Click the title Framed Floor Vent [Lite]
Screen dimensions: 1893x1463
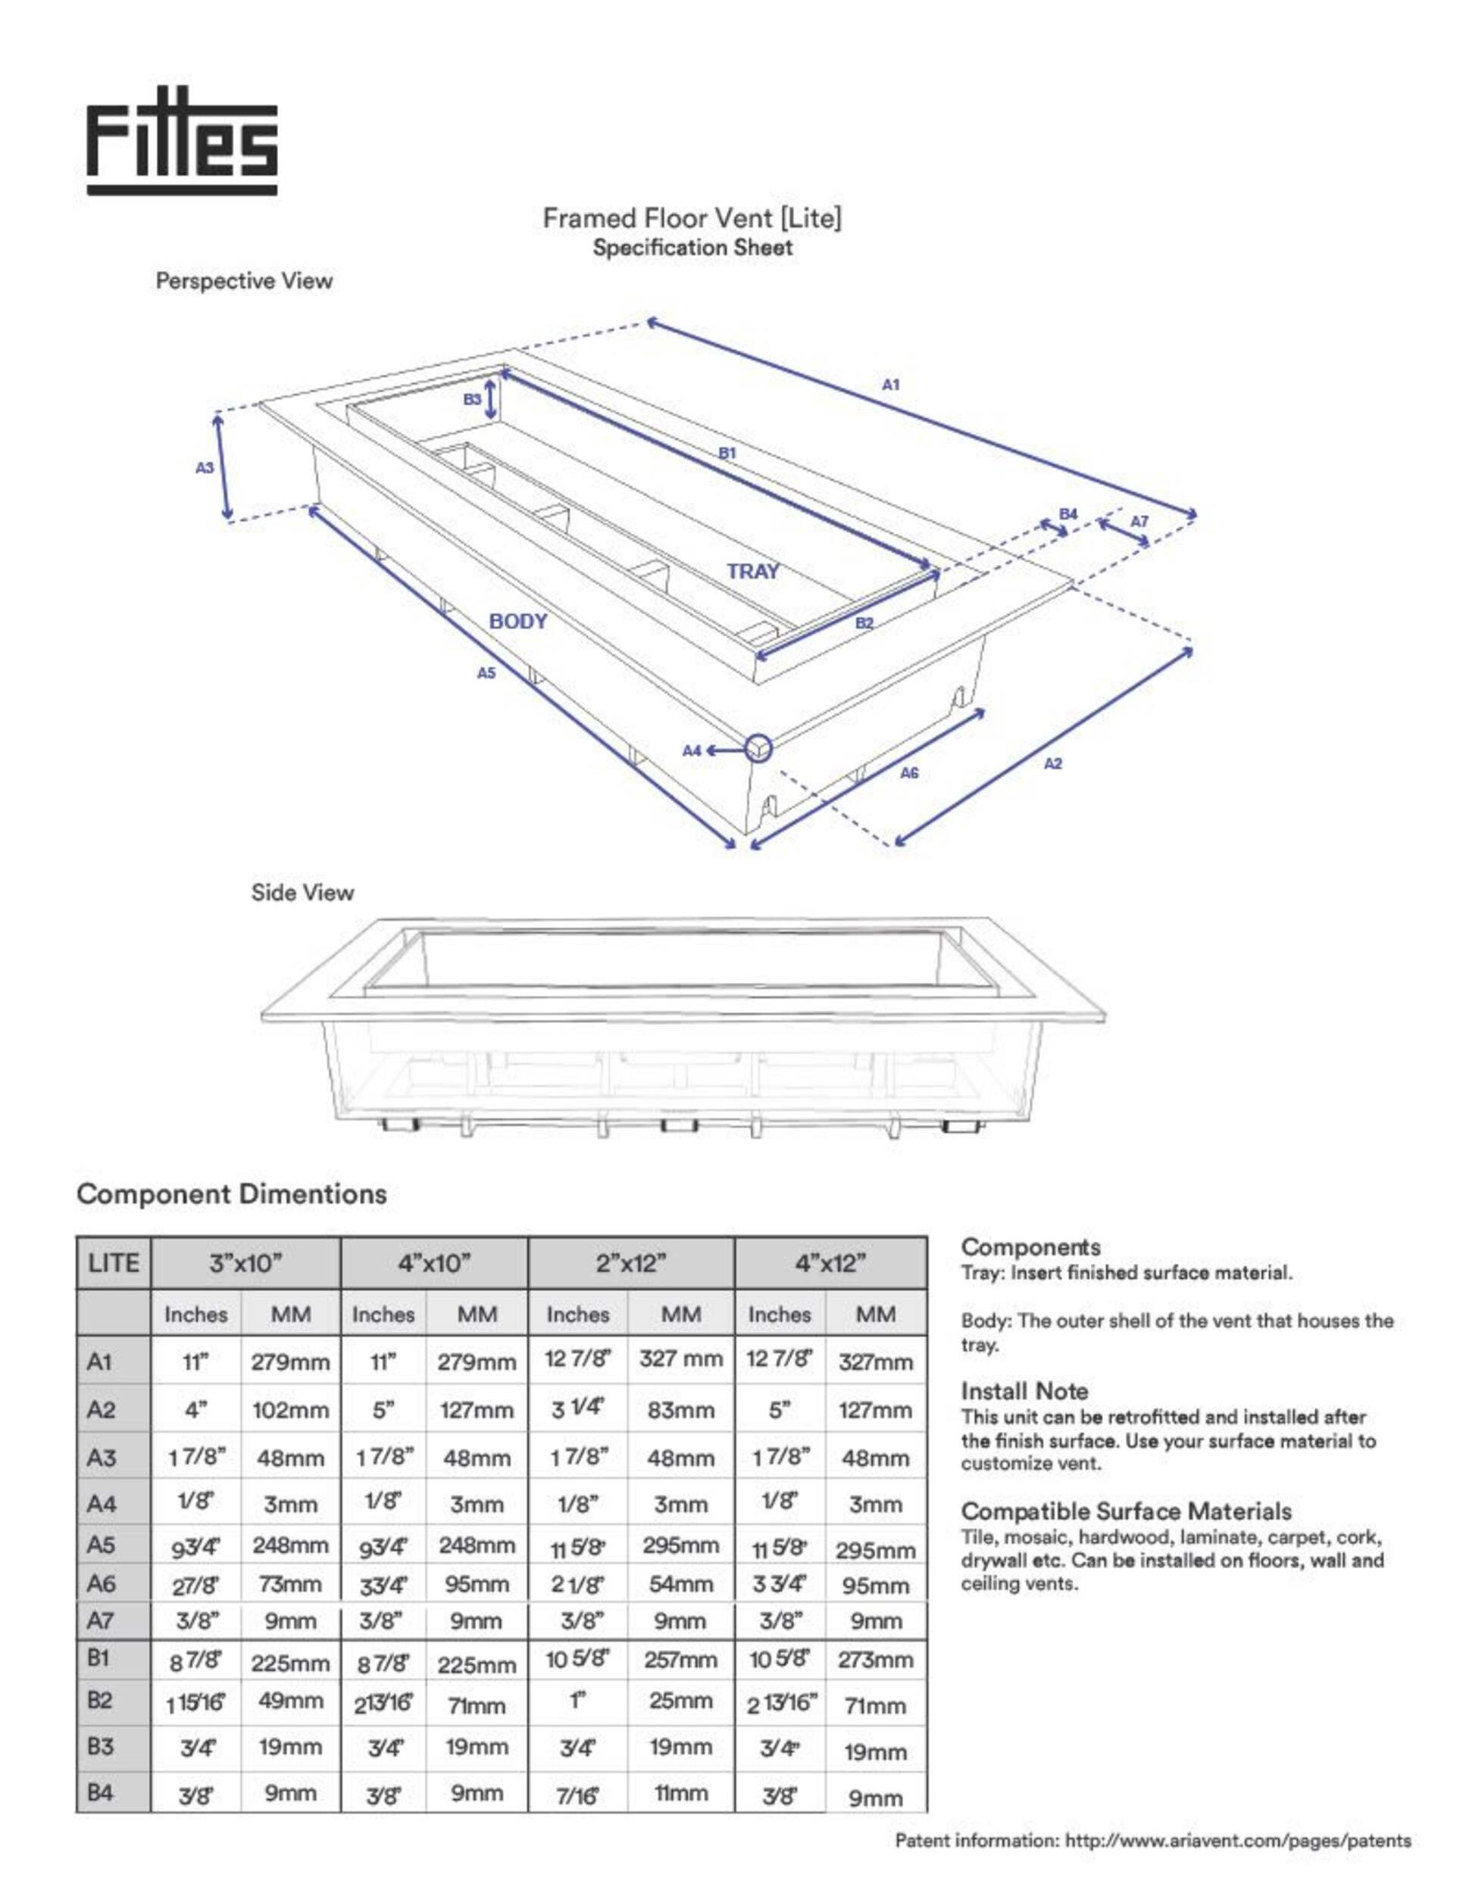coord(692,218)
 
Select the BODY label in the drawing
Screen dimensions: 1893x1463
coord(517,622)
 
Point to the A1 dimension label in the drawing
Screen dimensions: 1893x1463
coord(891,384)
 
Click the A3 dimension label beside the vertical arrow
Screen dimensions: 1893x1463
coord(204,468)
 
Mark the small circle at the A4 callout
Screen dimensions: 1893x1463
coord(758,747)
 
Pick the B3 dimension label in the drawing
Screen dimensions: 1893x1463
coord(472,400)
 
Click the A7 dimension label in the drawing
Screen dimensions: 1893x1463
coord(1139,522)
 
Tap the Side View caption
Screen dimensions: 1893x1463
coord(302,893)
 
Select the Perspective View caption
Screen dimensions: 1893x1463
coord(244,281)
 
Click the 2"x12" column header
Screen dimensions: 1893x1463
coord(630,1263)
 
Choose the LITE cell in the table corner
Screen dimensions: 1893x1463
coord(114,1263)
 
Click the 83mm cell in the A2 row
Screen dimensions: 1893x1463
coord(681,1410)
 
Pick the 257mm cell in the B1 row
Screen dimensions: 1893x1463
coord(681,1660)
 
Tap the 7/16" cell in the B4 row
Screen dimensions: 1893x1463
coord(577,1793)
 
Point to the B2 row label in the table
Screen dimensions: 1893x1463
coord(100,1701)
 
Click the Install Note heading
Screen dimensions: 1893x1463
coord(1024,1391)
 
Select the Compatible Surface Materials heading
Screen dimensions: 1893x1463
coord(1126,1511)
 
